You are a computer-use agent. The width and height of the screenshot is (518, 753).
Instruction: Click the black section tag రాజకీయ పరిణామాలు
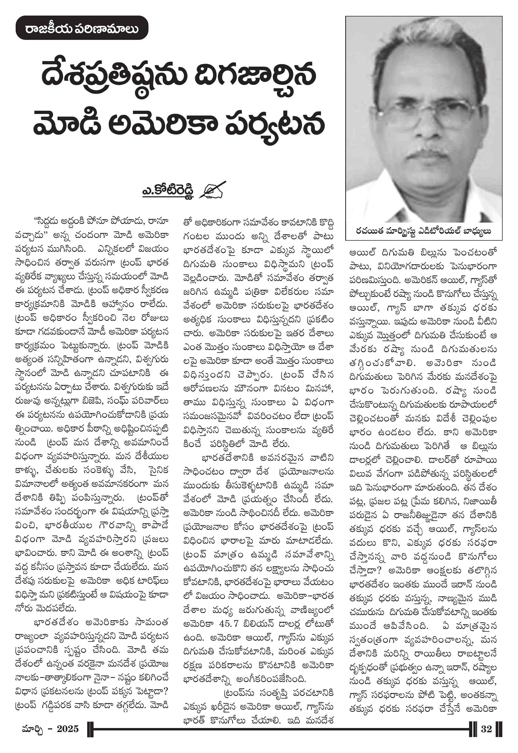click(x=82, y=28)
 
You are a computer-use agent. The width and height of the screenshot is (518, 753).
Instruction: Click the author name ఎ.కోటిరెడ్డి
click(x=168, y=191)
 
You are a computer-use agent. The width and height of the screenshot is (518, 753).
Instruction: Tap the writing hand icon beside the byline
click(x=213, y=189)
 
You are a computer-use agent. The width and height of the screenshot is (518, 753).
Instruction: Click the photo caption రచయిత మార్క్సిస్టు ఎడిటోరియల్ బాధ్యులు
click(x=424, y=231)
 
